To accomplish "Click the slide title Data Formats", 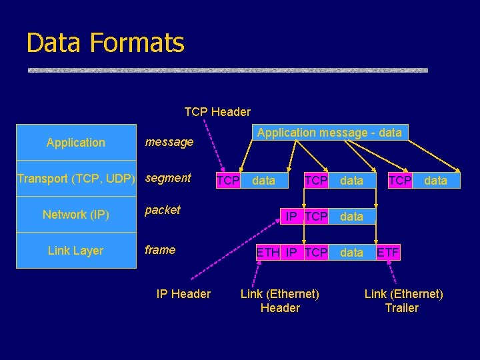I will (x=105, y=43).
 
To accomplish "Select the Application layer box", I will (x=76, y=143).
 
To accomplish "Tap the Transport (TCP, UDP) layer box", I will (x=76, y=179).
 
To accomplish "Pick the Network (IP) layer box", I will (x=76, y=215).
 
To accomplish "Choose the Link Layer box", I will (x=76, y=251).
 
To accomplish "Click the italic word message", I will (x=169, y=142).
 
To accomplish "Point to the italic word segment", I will (x=168, y=178).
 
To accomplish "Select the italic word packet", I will (x=163, y=210).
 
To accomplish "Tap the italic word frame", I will (x=160, y=250).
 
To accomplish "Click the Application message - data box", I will (x=329, y=133).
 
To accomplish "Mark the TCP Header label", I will (x=217, y=112).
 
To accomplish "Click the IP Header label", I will (x=183, y=294).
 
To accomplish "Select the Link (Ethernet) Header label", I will (x=280, y=301).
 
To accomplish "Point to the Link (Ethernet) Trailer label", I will (x=403, y=301).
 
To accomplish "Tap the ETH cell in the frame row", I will (x=268, y=253).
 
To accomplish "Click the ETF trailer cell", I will (x=388, y=253).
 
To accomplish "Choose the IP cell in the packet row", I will (x=291, y=217).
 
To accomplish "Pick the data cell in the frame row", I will (x=351, y=253).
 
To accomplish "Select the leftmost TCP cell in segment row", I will (x=228, y=181).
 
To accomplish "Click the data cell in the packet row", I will (x=351, y=217).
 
